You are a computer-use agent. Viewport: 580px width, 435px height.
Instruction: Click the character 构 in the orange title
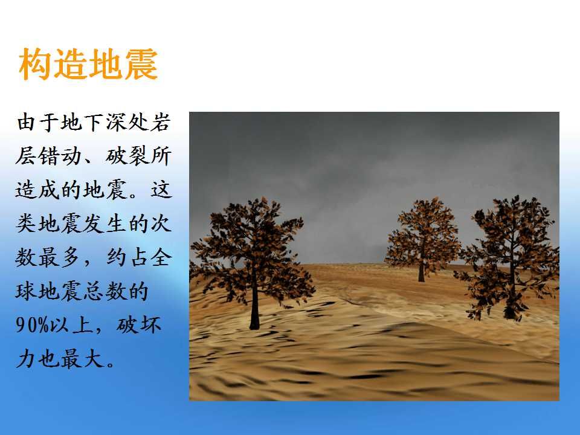click(x=36, y=65)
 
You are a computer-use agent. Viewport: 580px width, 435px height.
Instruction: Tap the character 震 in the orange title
click(x=141, y=65)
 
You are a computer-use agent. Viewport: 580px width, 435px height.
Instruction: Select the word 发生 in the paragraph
click(x=105, y=224)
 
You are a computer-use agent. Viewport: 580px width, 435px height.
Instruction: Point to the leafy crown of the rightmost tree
click(x=509, y=251)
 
